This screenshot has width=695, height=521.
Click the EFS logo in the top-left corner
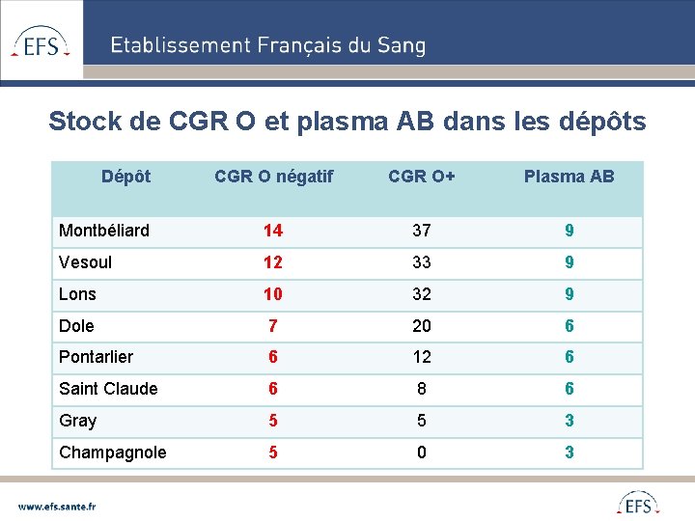(41, 42)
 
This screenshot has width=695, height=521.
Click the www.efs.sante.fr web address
(58, 505)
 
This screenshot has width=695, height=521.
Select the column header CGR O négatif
(273, 176)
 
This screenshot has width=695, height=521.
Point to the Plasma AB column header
(569, 176)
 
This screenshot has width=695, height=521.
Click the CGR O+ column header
(422, 176)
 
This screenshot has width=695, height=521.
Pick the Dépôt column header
(126, 176)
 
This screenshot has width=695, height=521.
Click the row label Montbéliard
(104, 231)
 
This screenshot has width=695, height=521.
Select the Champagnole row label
(112, 452)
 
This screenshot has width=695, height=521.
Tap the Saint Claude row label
(108, 389)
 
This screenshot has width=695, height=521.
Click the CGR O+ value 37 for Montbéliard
(422, 231)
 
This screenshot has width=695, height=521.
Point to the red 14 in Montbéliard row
(273, 231)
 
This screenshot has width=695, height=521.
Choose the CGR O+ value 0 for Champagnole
(422, 452)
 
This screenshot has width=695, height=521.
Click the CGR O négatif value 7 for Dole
(273, 326)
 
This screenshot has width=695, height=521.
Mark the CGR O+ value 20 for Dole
(422, 326)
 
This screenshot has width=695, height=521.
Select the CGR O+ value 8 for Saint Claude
(422, 389)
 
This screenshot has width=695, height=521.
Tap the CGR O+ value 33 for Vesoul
(422, 262)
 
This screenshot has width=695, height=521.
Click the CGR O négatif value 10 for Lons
(273, 294)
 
